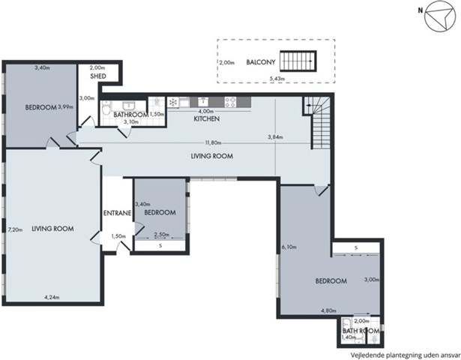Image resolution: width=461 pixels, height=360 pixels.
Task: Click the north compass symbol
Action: point(440,16)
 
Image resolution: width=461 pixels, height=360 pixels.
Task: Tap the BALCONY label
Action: point(261,62)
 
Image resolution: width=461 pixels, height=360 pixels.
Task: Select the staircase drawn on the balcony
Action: point(298,61)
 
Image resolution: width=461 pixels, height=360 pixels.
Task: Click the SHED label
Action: point(98,76)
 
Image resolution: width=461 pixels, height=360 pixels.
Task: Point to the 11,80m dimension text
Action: point(213,143)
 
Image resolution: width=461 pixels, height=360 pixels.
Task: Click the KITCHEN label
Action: point(207,118)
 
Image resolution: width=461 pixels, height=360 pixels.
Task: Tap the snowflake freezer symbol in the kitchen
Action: point(173,102)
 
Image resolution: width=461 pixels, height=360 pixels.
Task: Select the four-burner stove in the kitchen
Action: point(230,102)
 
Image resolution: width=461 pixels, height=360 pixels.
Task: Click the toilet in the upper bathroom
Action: point(105,108)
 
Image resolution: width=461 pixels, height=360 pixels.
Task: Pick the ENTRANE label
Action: point(117,213)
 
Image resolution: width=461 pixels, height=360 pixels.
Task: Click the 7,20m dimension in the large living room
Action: point(15,229)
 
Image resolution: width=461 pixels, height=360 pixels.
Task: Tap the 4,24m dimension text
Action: point(52,297)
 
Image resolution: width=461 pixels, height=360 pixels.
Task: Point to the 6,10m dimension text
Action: point(289,247)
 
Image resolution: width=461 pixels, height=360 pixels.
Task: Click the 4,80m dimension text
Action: point(329,310)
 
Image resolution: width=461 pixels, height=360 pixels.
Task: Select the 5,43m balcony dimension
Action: point(278,79)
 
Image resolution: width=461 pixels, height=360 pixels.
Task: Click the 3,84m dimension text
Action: point(276,137)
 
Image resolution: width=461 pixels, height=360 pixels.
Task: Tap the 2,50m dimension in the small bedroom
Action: point(162,235)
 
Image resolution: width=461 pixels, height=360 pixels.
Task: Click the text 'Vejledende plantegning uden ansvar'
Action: point(406,355)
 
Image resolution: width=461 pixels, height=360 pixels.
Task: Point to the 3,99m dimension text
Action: point(65,107)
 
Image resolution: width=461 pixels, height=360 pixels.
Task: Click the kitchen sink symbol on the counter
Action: point(202,102)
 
